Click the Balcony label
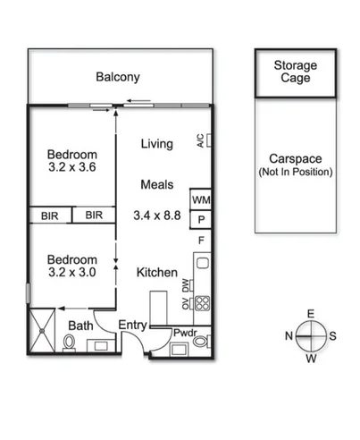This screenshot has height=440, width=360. coord(118,77)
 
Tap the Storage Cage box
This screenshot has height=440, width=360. coord(294,72)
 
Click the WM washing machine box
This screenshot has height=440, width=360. coord(200,200)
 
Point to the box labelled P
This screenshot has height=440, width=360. coord(201,220)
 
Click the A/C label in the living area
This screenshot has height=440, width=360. coord(200,141)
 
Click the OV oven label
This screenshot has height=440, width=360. coord(186,304)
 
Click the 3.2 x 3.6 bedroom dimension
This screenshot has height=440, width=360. coord(72,166)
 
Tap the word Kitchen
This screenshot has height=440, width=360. coord(156,273)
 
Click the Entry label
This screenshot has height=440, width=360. coord(132,324)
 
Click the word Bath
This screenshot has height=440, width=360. coord(80,326)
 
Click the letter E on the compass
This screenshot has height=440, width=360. coord(311,313)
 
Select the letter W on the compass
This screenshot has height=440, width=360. coord(311,359)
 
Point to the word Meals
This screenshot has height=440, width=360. coord(157,185)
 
